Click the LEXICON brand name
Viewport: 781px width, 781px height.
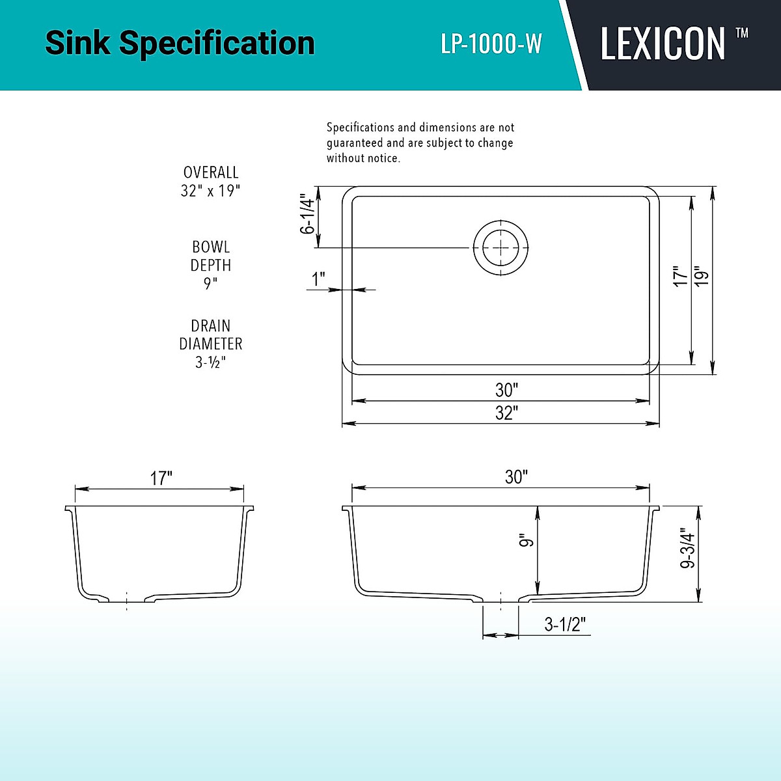pos(662,44)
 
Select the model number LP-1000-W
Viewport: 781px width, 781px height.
pos(491,44)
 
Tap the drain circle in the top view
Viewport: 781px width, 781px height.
pos(500,247)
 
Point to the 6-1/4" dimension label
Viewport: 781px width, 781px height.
pos(307,214)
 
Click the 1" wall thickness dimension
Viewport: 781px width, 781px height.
pos(318,280)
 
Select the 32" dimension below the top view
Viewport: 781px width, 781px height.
pos(506,413)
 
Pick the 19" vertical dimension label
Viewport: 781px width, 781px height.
pos(701,276)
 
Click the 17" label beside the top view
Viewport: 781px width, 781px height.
pos(680,276)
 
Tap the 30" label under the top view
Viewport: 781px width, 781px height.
pos(506,390)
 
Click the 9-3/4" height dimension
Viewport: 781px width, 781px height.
pos(688,551)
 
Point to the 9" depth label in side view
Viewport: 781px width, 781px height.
pos(527,540)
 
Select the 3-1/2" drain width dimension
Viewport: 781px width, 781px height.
pos(565,625)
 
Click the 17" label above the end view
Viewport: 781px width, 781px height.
pos(161,478)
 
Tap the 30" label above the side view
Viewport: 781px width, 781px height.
pos(515,477)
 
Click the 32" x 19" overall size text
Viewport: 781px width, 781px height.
pos(210,191)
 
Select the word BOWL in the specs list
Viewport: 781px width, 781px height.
pos(211,247)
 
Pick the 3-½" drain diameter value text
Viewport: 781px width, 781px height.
pos(210,362)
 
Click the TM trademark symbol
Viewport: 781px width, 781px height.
pos(741,33)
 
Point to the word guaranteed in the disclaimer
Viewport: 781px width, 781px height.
pos(355,143)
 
